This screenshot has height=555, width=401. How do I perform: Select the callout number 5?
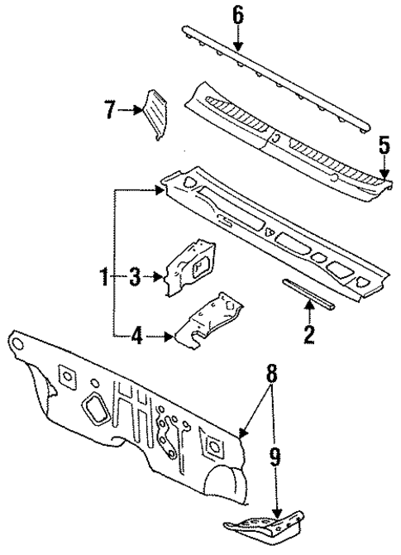coord(384,146)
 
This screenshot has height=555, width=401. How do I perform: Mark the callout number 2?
coord(308,334)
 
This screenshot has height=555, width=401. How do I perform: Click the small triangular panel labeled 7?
coord(154,112)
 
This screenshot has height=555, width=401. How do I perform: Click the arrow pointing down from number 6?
coord(237,36)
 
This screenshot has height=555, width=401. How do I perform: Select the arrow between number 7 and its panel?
coord(131,109)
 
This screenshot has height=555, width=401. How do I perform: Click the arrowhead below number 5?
coord(384,174)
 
